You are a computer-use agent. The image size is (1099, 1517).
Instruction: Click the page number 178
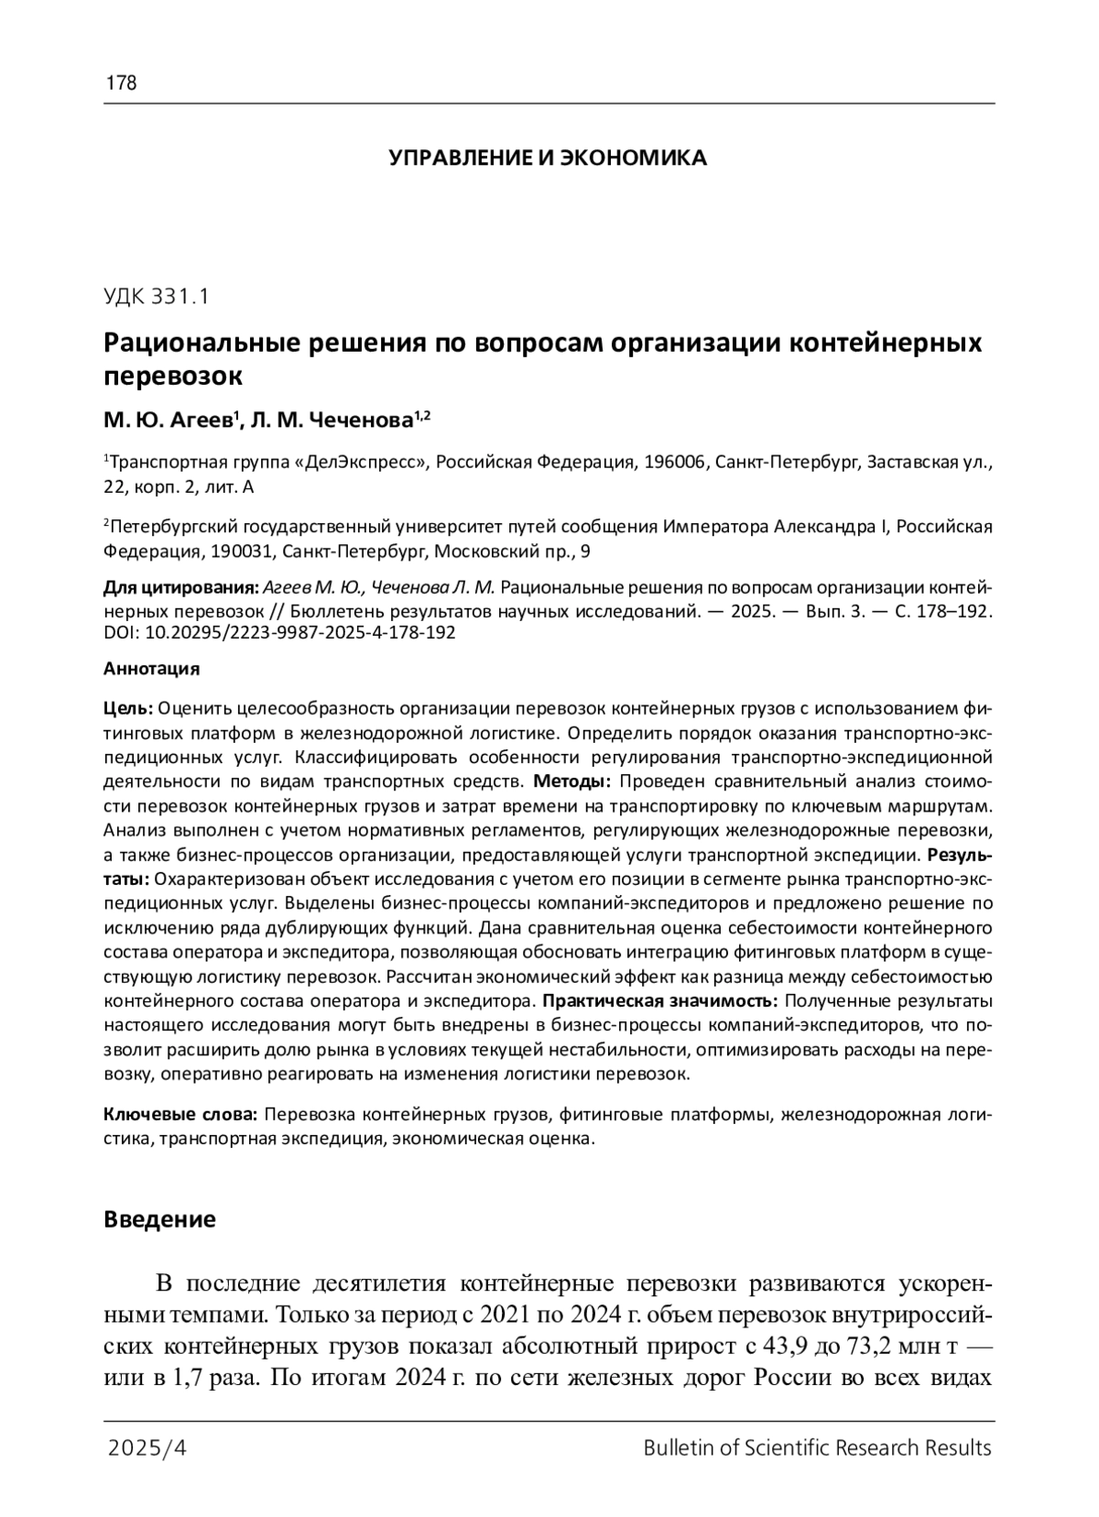121,83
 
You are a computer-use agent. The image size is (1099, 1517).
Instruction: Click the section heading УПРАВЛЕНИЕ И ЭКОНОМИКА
548,158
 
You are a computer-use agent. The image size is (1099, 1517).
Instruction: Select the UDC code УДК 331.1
157,296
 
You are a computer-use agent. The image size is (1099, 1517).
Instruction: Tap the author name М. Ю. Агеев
169,420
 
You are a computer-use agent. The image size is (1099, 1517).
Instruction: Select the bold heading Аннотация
151,669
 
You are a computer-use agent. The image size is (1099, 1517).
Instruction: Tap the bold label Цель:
129,709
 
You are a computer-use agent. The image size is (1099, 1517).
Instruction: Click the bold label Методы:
571,781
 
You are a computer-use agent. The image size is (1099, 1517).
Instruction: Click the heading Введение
159,1219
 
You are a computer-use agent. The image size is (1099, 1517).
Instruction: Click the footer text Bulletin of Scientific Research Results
817,1448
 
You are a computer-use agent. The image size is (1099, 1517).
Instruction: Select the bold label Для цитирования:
180,587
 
